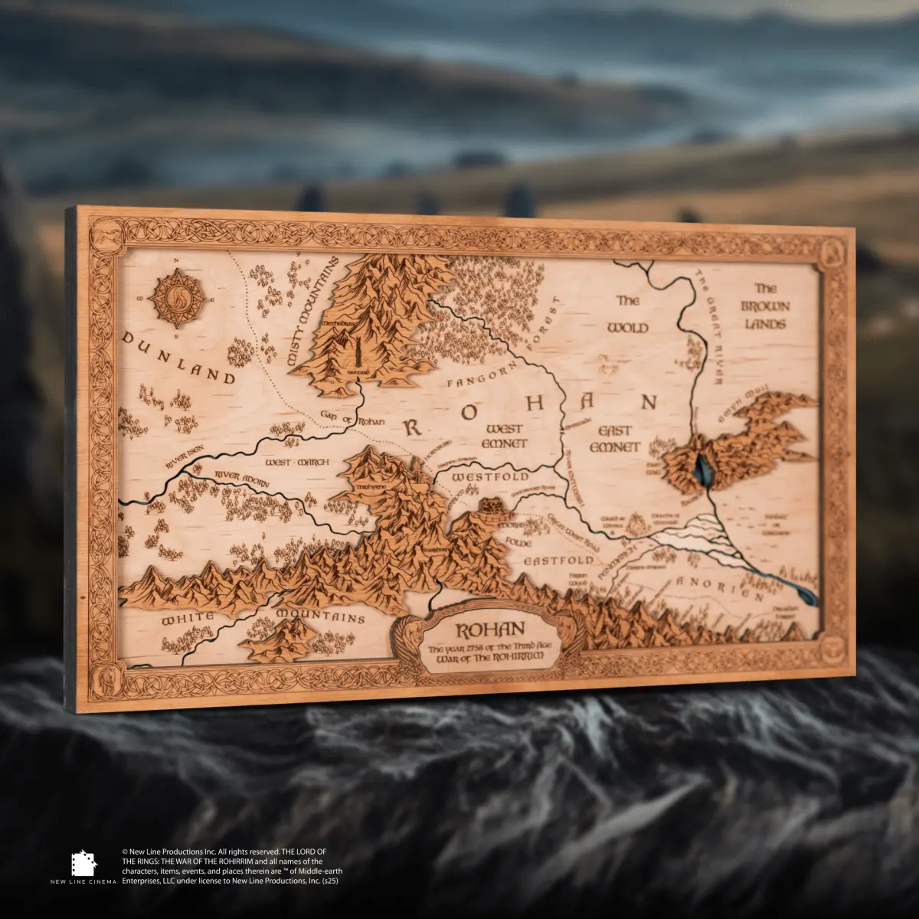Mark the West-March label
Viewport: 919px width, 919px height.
296,463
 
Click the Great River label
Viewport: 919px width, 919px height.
710,325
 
